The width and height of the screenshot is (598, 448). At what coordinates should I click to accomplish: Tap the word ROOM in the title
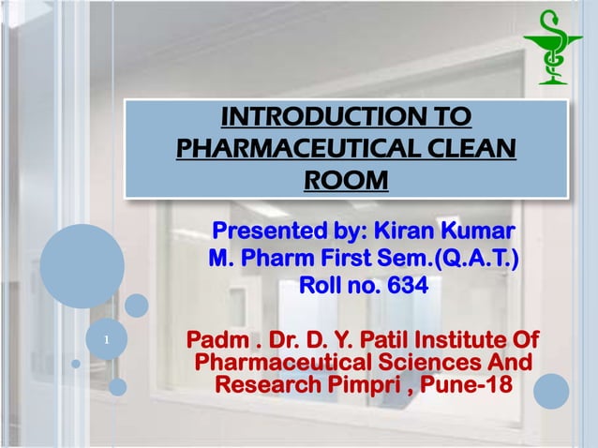pyautogui.click(x=347, y=178)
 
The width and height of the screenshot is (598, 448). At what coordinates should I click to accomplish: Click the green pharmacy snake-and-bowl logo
pyautogui.click(x=553, y=47)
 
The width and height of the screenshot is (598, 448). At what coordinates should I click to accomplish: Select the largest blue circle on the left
pyautogui.click(x=82, y=266)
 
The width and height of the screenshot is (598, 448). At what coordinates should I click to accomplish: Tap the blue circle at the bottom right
pyautogui.click(x=552, y=391)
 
